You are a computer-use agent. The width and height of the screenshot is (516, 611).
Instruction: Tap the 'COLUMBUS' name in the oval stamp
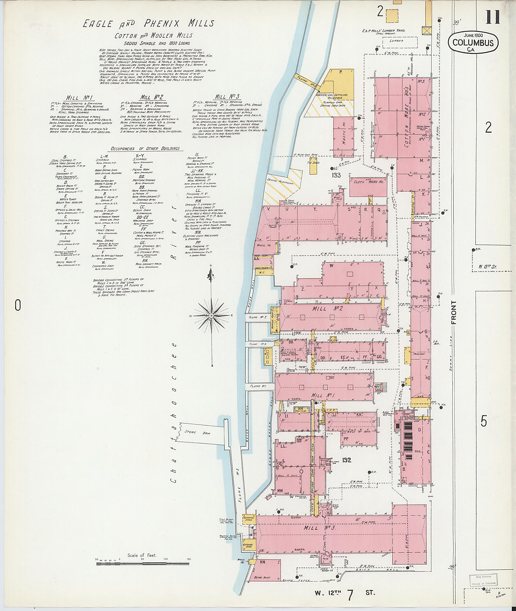pos(473,43)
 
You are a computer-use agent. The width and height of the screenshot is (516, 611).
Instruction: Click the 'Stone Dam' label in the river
pos(195,432)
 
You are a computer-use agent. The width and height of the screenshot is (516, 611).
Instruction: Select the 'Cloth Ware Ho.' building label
pos(368,182)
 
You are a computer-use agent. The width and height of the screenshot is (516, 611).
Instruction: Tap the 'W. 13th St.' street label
pos(487,267)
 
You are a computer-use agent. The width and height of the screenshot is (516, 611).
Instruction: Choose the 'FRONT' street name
pos(454,312)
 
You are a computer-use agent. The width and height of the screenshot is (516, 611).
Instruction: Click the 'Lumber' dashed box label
pos(396,41)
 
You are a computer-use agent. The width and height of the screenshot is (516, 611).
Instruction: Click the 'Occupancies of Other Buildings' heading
pos(145,148)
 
